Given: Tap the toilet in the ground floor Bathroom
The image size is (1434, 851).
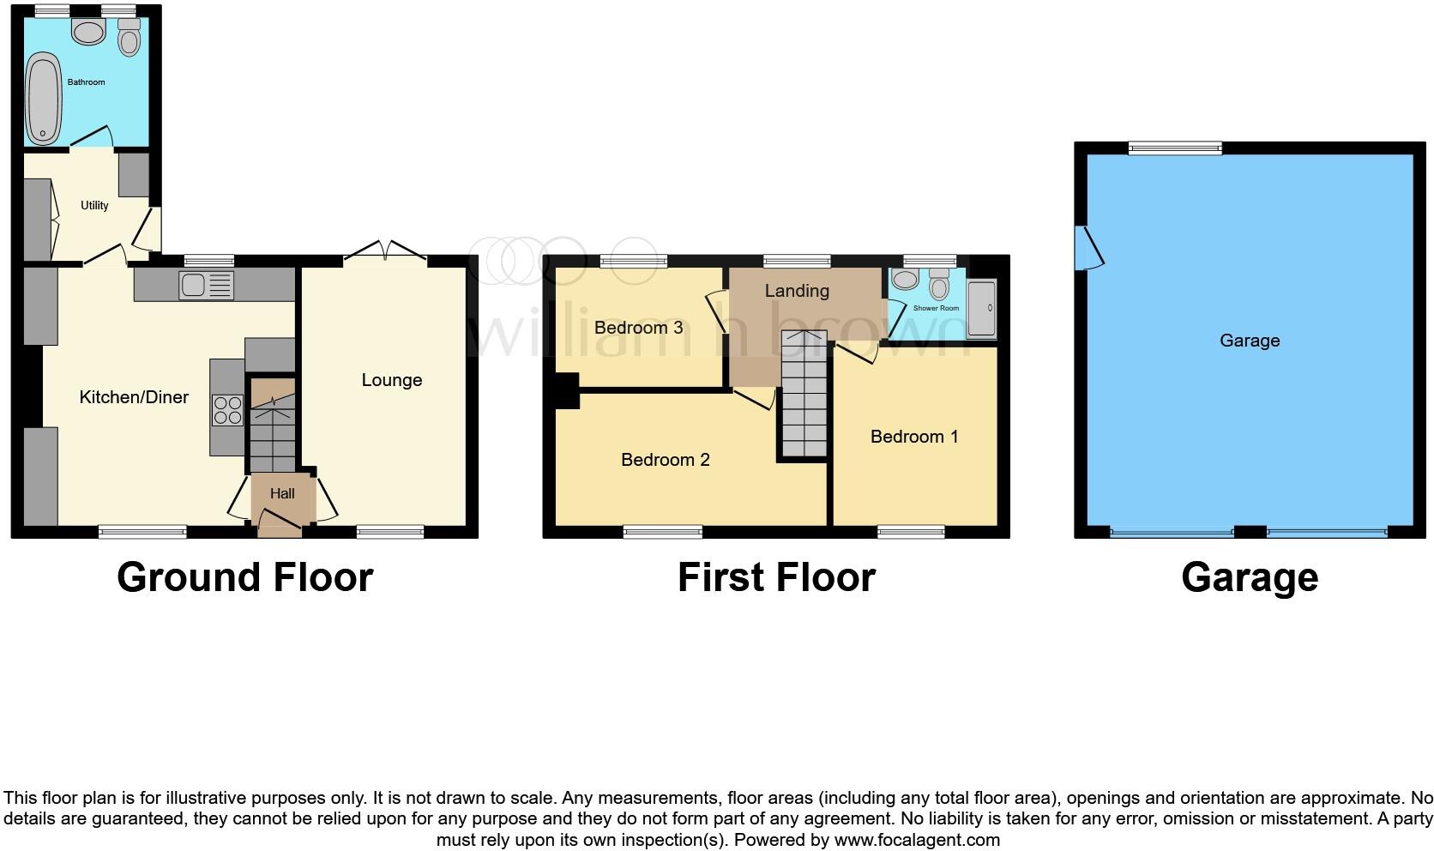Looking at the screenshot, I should coord(130,38).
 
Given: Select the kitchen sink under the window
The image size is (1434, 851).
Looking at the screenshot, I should coord(206,285).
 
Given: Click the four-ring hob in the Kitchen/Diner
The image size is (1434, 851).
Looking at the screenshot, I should coord(227,410).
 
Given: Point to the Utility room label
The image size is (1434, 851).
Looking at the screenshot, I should coord(94,206).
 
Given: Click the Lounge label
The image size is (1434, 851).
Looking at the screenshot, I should coord(391,380).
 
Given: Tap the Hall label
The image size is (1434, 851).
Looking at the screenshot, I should coord(282,493).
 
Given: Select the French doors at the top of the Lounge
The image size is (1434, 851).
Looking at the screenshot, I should coord(386,251).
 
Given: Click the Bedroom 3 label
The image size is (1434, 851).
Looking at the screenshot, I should coord(638,328).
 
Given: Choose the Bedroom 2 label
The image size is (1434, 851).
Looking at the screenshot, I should coord(665,460).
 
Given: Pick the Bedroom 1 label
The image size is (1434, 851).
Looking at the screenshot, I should coord(913,437).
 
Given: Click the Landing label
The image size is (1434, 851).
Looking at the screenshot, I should coord(797,291).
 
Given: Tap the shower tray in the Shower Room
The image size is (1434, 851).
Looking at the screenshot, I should coord(982,309).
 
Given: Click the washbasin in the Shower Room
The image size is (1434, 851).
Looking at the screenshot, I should coord(905,280).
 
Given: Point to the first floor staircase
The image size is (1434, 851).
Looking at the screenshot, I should coord(804,395).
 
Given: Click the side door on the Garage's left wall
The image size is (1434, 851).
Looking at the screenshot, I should coord(1091,249).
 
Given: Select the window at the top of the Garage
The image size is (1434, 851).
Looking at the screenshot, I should coord(1175,148).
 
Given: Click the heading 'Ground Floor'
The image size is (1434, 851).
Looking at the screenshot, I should coord(244,577).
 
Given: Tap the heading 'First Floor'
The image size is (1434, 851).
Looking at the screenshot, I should coord(776,577).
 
